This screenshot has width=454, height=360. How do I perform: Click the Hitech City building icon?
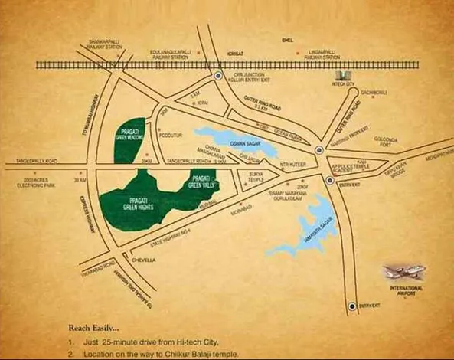(345, 77)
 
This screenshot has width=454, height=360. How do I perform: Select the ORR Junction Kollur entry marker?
(218, 77)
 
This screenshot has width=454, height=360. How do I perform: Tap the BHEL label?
(287, 38)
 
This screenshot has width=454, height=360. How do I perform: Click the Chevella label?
(143, 260)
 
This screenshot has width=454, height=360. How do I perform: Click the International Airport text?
(406, 292)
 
